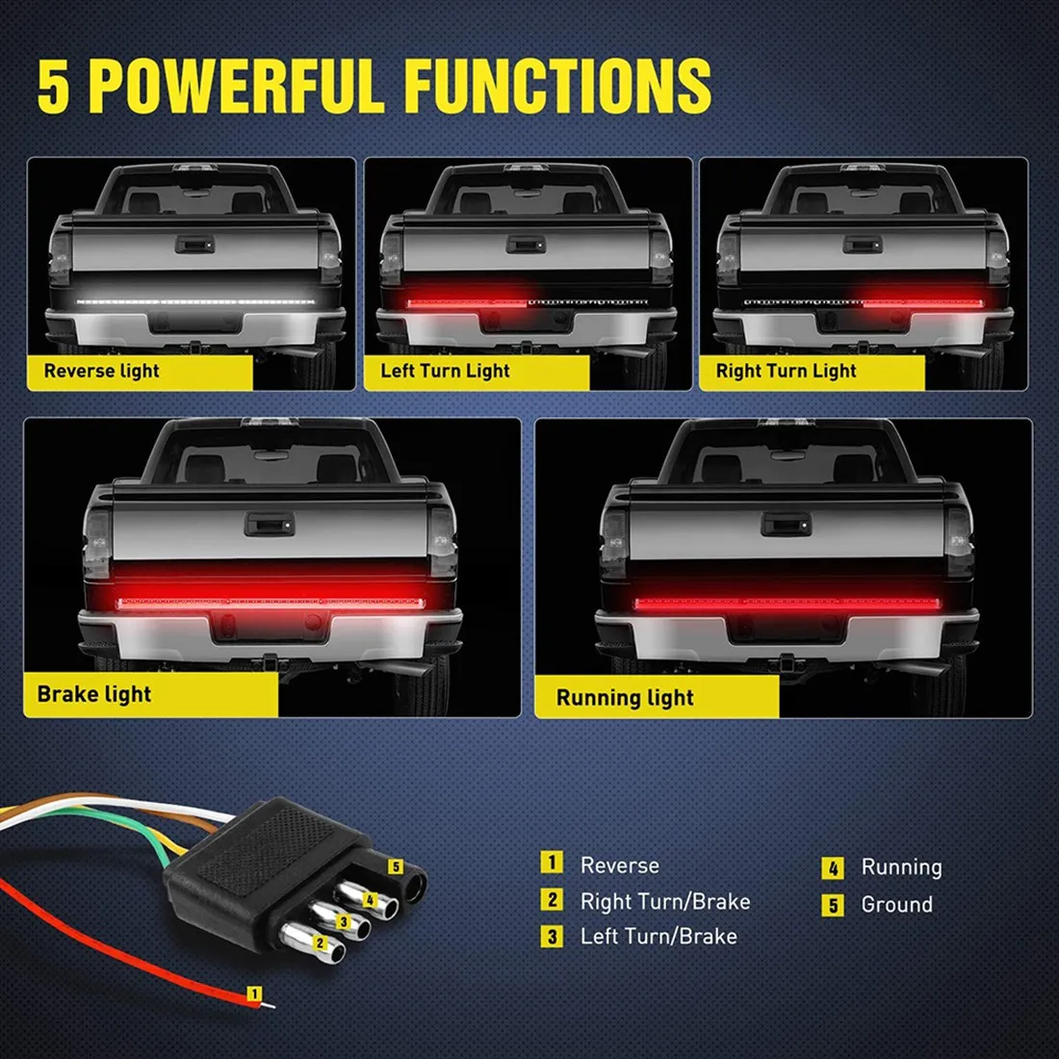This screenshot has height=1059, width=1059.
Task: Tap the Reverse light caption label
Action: pos(102,371)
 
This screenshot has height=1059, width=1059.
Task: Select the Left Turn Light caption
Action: pos(445,371)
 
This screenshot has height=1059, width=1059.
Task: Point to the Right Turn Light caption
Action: pos(786,371)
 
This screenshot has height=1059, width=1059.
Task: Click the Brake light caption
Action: pos(94,694)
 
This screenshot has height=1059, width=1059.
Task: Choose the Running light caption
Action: pos(625,698)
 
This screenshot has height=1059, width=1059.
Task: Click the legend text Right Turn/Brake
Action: pos(665,901)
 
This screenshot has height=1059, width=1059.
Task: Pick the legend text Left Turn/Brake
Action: pos(659,936)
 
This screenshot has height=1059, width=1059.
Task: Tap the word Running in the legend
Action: pos(901,866)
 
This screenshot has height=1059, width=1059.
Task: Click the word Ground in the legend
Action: pos(896,904)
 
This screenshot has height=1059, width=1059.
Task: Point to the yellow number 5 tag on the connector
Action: pos(395,866)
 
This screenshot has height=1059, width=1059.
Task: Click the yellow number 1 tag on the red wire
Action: pos(254,993)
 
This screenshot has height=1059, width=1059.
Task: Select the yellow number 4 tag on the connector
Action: pos(369,899)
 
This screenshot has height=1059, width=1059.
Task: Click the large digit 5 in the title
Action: pos(55,87)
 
